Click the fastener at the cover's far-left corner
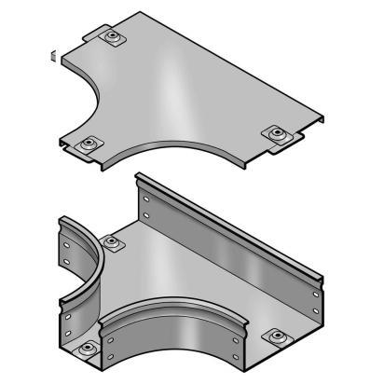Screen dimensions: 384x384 (x=113, y=38)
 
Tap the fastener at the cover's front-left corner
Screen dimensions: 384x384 (x=89, y=144)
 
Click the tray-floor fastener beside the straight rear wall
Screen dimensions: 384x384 (x=114, y=243)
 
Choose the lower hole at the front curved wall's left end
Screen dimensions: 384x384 (x=110, y=355)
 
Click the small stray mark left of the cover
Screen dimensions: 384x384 (x=53, y=55)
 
